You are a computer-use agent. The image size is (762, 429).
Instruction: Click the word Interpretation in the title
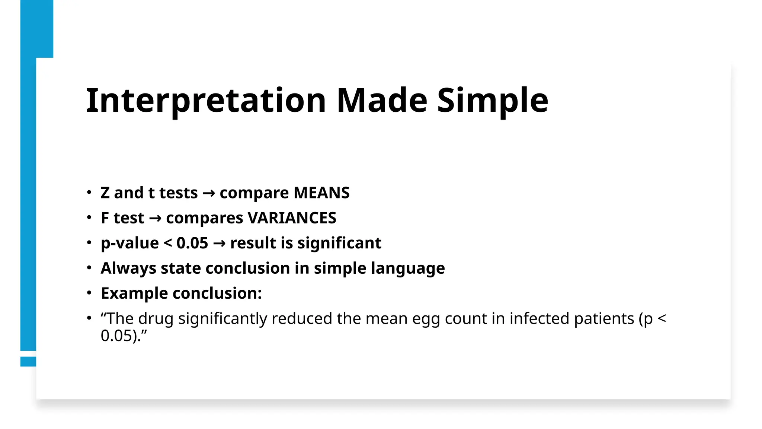pos(206,101)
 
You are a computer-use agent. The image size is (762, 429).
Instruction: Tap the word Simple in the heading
pos(492,101)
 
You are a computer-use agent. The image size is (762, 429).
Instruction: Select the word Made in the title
pos(382,101)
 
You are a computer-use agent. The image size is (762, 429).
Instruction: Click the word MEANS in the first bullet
pos(321,193)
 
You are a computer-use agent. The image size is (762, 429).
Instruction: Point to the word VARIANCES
pos(292,218)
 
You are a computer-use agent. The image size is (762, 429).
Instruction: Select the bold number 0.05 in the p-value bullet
pos(192,243)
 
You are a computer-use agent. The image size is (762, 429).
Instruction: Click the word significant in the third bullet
pos(339,243)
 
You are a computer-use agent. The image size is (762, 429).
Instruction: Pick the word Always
pos(128,268)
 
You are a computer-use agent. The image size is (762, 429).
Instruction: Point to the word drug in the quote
pos(156,319)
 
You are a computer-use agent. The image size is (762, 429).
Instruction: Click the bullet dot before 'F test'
pos(89,218)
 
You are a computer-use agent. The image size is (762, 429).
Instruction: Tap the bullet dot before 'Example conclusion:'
pos(89,293)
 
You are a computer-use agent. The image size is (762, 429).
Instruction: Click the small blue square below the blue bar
pos(28,361)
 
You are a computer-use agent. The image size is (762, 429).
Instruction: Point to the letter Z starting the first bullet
pos(105,193)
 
